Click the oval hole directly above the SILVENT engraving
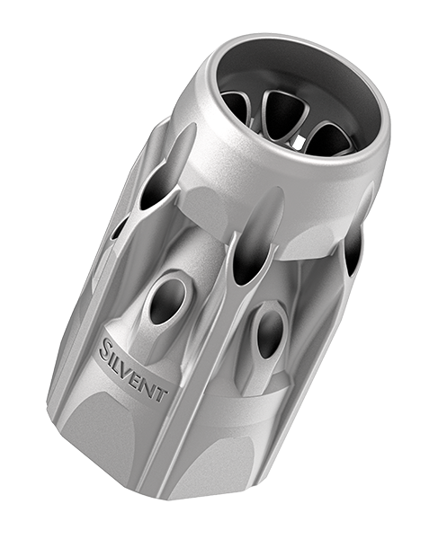coord(167,303)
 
